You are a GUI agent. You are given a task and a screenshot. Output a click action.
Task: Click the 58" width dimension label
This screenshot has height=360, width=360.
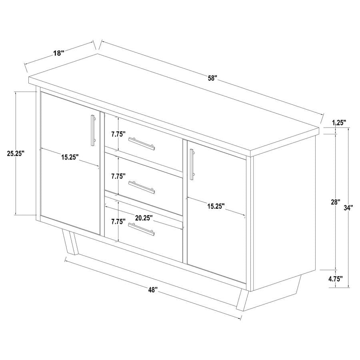tap(212, 78)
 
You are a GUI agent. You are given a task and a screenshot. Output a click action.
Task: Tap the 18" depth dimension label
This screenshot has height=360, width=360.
tap(58, 53)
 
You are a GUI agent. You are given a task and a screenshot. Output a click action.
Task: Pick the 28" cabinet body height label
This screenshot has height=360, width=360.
tap(335, 202)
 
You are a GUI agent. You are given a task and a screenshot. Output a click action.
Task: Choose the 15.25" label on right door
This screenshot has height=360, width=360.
tap(216, 206)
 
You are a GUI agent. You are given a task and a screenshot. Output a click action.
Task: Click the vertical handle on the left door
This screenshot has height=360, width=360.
tap(93, 130)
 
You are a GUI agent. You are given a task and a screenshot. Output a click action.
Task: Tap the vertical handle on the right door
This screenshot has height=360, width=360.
tap(192, 163)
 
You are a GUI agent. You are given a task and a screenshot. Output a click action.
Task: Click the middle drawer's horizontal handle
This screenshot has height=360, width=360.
tap(142, 186)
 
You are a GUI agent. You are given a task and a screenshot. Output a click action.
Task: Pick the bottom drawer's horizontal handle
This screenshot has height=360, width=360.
tap(141, 230)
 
